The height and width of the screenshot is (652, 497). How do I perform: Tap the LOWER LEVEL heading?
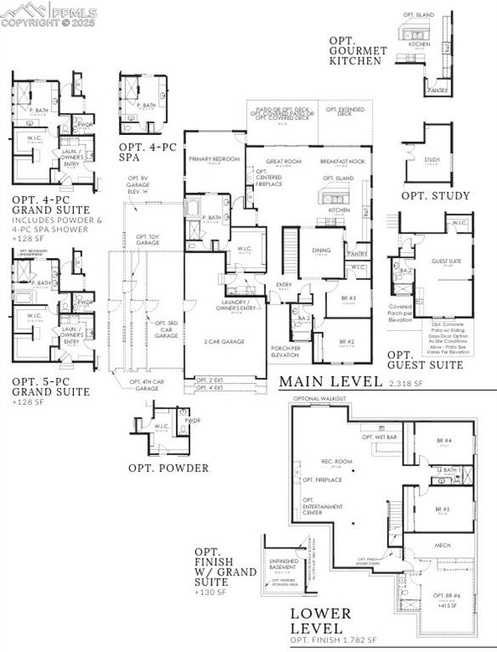[320, 621]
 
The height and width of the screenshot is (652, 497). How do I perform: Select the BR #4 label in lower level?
[443, 441]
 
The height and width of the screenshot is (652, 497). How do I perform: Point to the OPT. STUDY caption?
[435, 196]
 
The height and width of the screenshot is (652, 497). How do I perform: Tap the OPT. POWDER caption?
[168, 468]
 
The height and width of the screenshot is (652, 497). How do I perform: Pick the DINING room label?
[321, 250]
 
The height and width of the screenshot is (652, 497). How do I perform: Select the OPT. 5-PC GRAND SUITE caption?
[51, 386]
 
